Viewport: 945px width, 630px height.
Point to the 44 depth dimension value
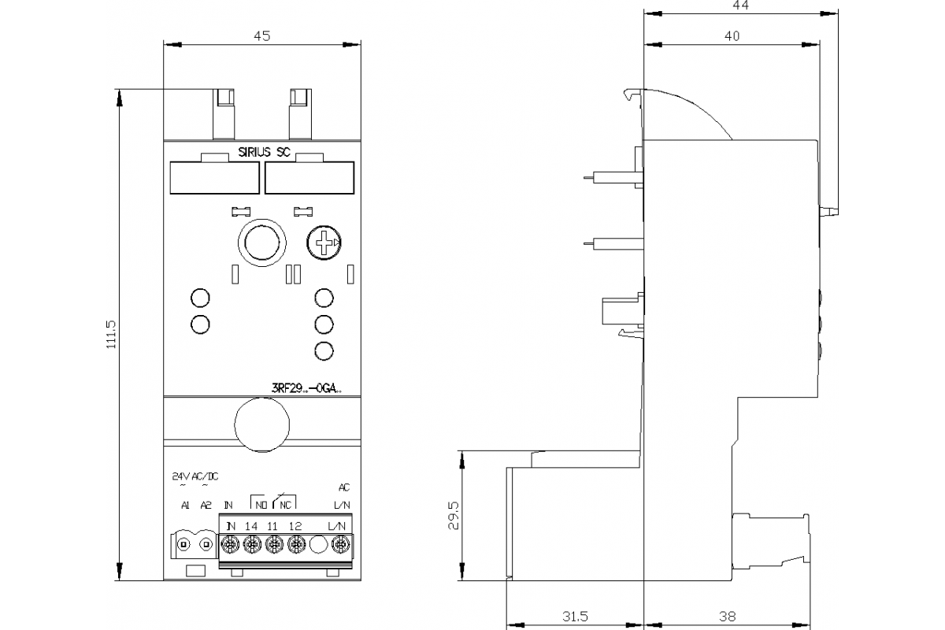[x=739, y=5]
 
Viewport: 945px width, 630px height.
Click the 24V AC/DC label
[x=195, y=476]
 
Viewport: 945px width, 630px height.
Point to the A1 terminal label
[x=185, y=505]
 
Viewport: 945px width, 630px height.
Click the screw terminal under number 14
[x=252, y=543]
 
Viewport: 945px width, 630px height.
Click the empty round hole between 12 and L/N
[x=319, y=544]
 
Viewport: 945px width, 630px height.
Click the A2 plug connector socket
[x=206, y=544]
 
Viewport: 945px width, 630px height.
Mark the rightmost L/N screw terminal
[x=341, y=543]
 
